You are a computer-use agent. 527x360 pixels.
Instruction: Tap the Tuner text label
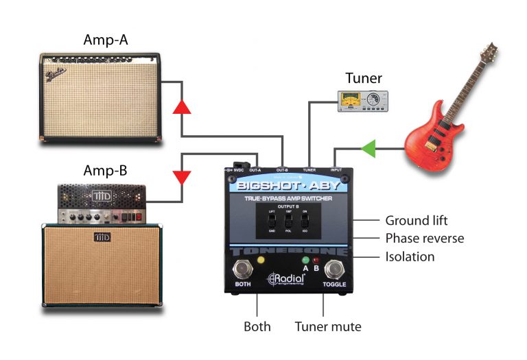pos(364,78)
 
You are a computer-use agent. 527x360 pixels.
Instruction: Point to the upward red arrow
pos(181,106)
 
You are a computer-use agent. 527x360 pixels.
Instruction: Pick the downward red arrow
pos(182,178)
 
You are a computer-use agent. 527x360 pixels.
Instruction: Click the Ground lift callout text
pos(417,220)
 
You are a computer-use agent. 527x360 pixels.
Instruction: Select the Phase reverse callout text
pos(425,239)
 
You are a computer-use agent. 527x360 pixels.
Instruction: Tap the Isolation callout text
pos(410,256)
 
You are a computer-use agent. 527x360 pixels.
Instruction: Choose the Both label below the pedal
pos(257,327)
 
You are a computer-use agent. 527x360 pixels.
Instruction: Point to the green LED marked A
pos(305,261)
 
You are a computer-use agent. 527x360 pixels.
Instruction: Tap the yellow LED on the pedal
pos(261,261)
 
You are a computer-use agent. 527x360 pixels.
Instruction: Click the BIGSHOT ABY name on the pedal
pos(288,185)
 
